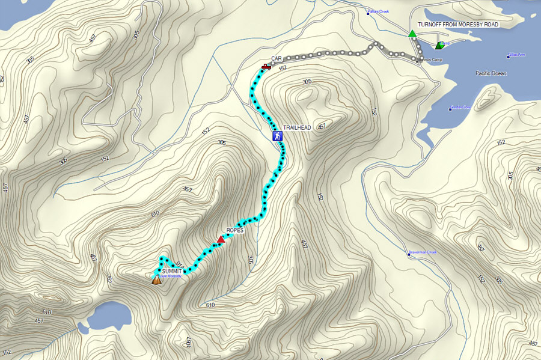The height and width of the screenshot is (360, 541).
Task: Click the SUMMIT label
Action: pyautogui.click(x=171, y=272)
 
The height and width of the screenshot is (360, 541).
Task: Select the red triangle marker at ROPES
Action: pyautogui.click(x=221, y=239)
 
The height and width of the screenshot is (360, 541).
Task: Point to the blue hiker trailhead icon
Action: pyautogui.click(x=277, y=136)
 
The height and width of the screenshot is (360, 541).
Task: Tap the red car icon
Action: pyautogui.click(x=266, y=67)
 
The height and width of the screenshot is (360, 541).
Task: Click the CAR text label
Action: pyautogui.click(x=277, y=58)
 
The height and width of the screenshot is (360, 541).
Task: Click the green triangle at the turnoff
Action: pyautogui.click(x=412, y=34)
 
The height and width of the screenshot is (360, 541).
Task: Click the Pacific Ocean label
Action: pyautogui.click(x=491, y=73)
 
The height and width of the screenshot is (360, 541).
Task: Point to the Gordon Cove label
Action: pyautogui.click(x=462, y=109)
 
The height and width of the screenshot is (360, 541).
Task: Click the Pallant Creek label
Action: pyautogui.click(x=379, y=11)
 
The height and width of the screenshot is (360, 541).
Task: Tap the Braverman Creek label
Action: pyautogui.click(x=421, y=252)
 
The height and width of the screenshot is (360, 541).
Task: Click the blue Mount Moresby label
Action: pyautogui.click(x=170, y=276)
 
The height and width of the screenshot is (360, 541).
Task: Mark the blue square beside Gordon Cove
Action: pyautogui.click(x=450, y=109)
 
